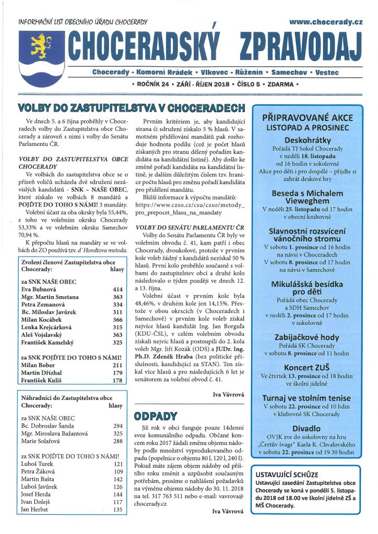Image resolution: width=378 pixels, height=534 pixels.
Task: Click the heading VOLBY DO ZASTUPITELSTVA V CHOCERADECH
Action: tap(132, 108)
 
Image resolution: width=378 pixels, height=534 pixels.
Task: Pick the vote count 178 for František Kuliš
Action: tap(117, 381)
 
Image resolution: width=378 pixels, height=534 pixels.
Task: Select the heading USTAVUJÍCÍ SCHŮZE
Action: tap(287, 475)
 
